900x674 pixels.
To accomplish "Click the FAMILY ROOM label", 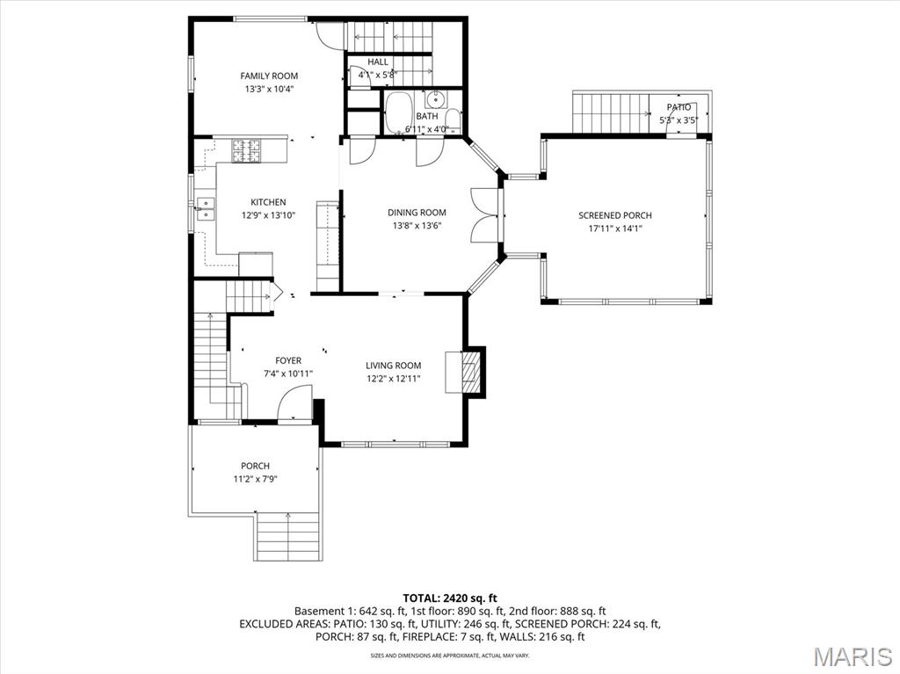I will coord(269,76).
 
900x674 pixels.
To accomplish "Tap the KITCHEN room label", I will coord(268,202).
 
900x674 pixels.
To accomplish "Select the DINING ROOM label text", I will coord(417,213).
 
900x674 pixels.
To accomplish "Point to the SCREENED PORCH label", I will coord(615,215).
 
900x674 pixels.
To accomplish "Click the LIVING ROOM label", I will coord(393,366).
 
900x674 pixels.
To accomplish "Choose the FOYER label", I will coord(288,360).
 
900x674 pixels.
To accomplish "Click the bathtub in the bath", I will coord(403,112).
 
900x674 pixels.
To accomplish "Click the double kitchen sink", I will coord(206,208).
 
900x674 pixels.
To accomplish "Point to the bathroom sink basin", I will coord(434,98).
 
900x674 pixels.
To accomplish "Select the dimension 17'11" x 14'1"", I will coord(615,228).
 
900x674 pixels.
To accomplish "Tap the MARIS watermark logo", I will coord(853,656).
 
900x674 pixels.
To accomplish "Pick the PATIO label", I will coord(679,107).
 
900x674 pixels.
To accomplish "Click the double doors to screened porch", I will coord(485,214).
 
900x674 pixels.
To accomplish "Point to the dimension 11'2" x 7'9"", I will coord(256,479).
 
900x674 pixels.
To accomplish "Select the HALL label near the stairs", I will coord(378,62).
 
